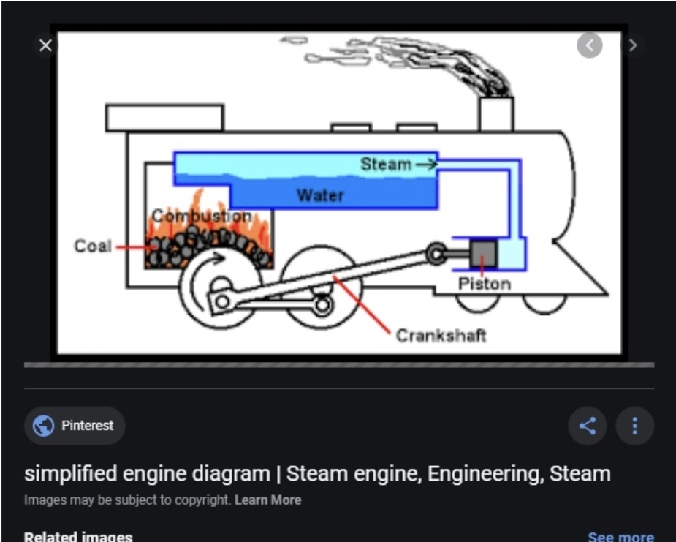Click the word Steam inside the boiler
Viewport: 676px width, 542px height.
click(x=385, y=165)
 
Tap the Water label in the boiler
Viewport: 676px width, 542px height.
click(x=319, y=195)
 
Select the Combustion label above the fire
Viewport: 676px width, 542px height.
click(x=202, y=217)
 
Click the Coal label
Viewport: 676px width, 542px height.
click(x=93, y=246)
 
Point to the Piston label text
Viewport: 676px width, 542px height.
click(x=484, y=284)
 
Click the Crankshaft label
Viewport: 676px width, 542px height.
click(x=441, y=336)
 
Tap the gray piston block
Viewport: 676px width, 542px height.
click(x=483, y=253)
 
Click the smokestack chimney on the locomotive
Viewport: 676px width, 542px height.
click(x=496, y=113)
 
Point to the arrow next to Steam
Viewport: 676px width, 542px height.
click(x=426, y=165)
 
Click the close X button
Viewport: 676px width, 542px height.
click(x=45, y=45)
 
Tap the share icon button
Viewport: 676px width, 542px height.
click(x=588, y=426)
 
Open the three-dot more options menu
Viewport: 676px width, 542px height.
click(x=634, y=426)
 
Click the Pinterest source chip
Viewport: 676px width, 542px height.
click(x=75, y=426)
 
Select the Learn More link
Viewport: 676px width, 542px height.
click(x=267, y=500)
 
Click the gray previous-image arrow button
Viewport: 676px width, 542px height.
click(x=589, y=45)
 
